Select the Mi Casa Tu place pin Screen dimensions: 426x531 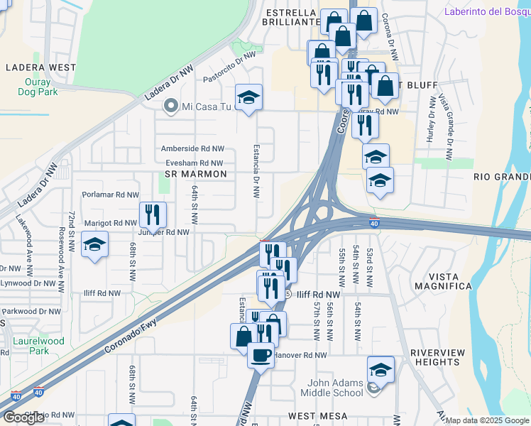pyautogui.click(x=170, y=107)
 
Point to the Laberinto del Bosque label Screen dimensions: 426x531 pyautogui.click(x=487, y=11)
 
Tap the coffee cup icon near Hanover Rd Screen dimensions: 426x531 pyautogui.click(x=261, y=354)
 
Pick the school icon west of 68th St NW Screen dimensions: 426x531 pyautogui.click(x=94, y=245)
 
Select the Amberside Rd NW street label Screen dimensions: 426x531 pyautogui.click(x=192, y=149)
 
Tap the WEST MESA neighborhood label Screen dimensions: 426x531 pyautogui.click(x=317, y=415)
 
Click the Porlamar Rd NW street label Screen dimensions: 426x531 pyautogui.click(x=110, y=195)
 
